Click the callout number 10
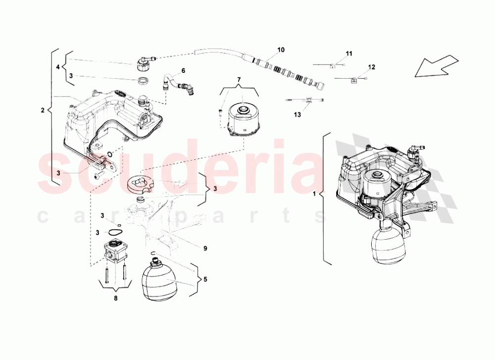(x=281, y=50)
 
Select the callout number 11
(x=349, y=53)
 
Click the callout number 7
(x=239, y=80)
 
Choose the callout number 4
(x=57, y=66)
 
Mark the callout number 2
(x=42, y=109)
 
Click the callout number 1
(x=314, y=194)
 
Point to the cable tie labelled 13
(x=307, y=101)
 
